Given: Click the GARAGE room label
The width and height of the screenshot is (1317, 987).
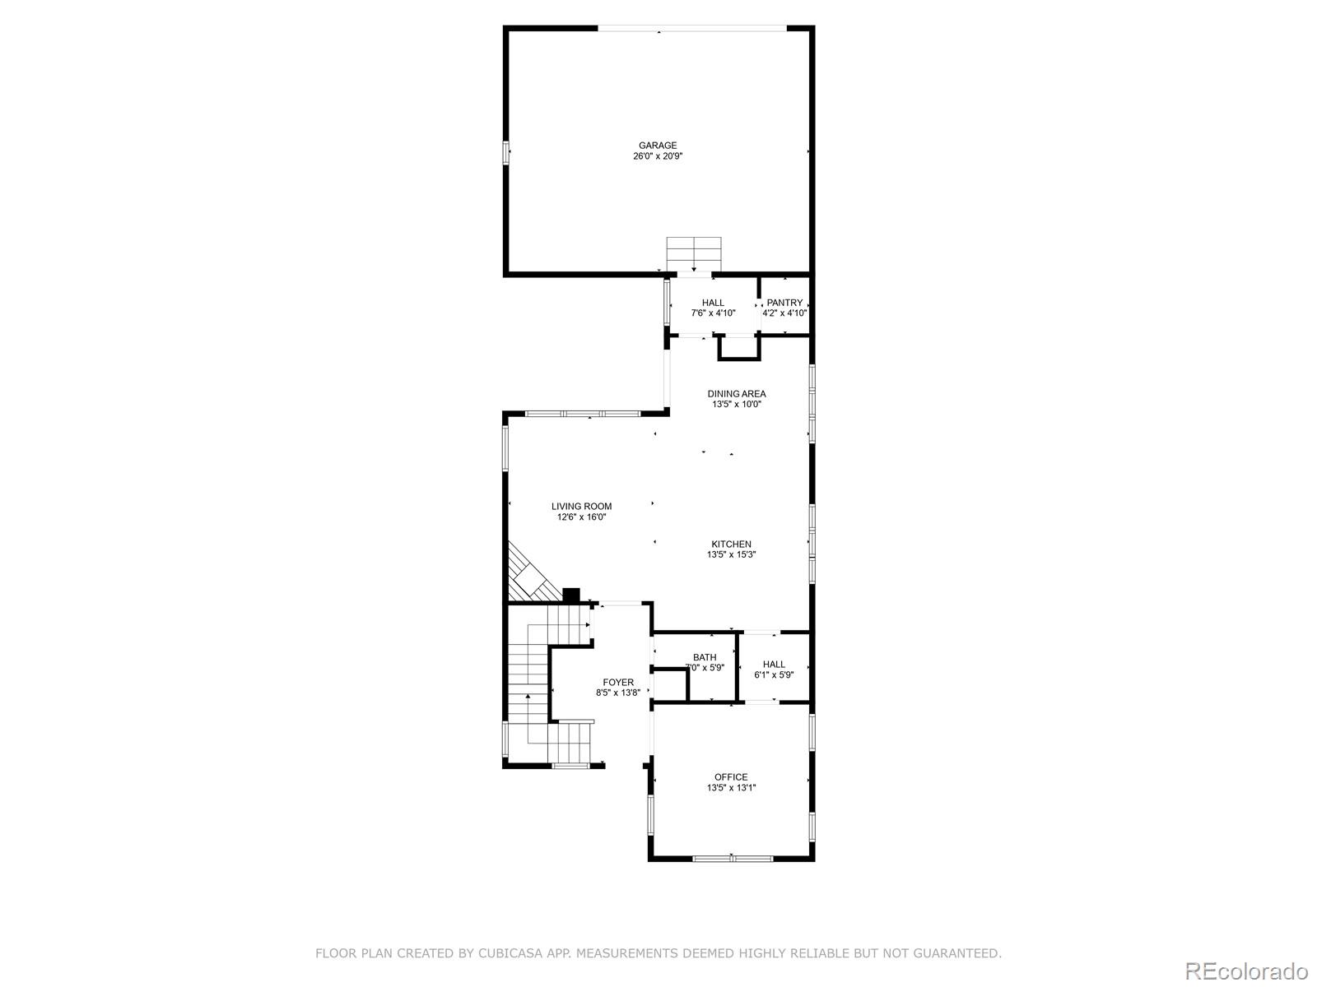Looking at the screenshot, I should (658, 146).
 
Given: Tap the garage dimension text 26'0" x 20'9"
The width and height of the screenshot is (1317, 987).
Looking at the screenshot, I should (658, 156).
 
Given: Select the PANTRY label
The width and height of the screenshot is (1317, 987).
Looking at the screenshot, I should (784, 303).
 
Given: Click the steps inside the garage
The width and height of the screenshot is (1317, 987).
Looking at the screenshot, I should (694, 253).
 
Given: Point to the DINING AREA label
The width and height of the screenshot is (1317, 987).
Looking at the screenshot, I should (737, 394).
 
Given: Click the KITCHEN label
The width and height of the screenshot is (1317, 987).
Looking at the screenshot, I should (731, 544).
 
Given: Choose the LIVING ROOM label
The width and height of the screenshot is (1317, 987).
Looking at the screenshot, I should (581, 507).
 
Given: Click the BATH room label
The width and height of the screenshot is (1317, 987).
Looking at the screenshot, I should (705, 657).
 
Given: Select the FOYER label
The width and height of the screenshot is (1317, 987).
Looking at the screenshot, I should (618, 682).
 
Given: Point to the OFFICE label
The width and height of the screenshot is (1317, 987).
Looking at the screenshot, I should (731, 776).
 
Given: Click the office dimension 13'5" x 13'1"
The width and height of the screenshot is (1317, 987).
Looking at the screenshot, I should (731, 788).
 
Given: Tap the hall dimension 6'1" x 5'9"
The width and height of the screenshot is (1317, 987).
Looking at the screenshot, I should (774, 675).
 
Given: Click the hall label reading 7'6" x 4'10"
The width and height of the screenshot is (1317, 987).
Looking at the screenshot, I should (713, 313).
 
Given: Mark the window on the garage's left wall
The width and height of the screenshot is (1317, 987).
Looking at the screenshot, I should (506, 153).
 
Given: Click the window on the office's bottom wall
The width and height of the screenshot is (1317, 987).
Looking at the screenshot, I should (733, 859).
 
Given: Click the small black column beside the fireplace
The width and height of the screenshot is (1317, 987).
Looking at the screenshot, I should (571, 595).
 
